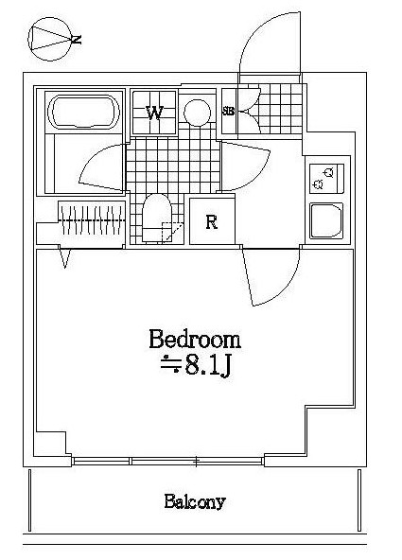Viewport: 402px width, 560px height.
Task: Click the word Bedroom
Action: [195, 339]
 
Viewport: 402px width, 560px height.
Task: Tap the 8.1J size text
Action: [208, 366]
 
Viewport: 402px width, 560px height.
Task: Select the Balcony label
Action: [195, 501]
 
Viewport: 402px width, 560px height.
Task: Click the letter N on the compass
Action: [77, 40]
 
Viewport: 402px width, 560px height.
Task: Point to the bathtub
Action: [83, 112]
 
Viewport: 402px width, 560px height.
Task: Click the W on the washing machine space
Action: [154, 113]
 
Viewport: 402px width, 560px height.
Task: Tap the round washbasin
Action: [197, 113]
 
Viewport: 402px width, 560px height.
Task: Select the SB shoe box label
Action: [229, 111]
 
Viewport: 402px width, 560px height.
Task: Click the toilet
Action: [157, 218]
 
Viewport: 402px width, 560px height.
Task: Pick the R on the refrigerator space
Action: [212, 222]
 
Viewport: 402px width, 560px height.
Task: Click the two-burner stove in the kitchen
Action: [326, 179]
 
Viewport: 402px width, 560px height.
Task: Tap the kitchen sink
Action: [326, 220]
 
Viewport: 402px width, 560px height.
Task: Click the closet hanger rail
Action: [92, 220]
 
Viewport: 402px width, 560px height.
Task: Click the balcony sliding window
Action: [167, 461]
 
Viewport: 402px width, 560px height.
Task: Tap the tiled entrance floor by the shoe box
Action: [280, 109]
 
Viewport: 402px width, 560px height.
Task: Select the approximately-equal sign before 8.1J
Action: [170, 363]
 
